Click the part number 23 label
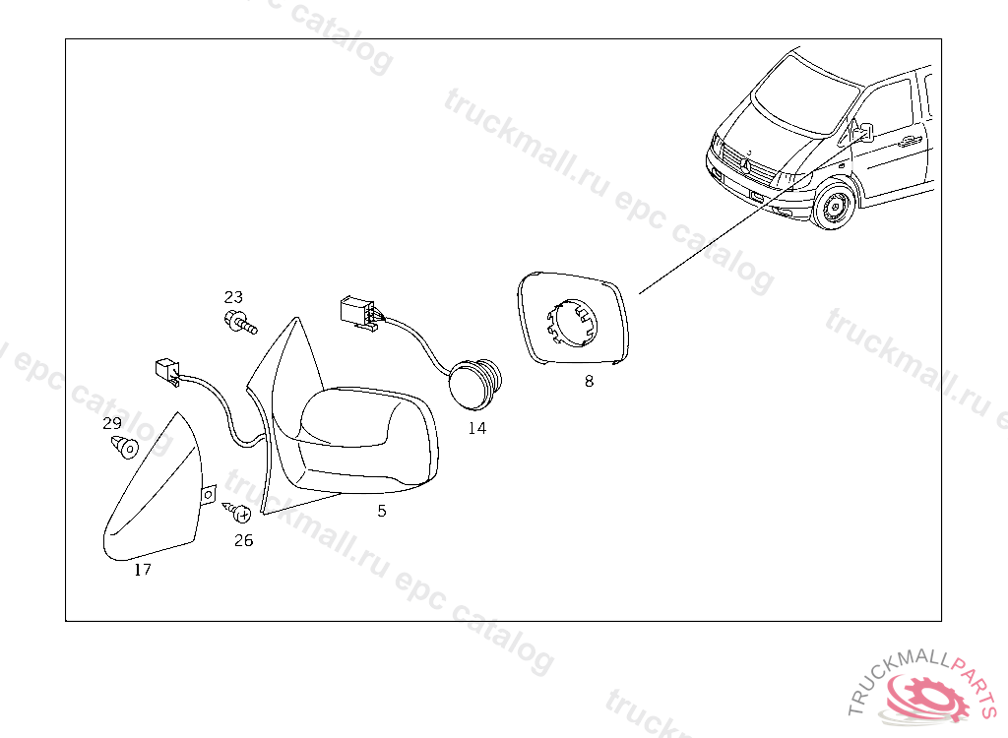[233, 297]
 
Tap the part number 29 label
[112, 423]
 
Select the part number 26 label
[244, 540]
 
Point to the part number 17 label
[143, 570]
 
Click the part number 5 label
[382, 511]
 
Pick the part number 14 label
[477, 428]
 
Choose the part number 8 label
[589, 381]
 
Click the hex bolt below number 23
[240, 322]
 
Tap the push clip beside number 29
[125, 446]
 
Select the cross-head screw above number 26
[238, 512]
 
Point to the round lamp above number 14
[474, 383]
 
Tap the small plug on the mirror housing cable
[166, 371]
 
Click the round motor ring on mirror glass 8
[572, 323]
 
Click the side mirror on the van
[862, 132]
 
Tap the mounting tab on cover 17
[209, 494]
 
